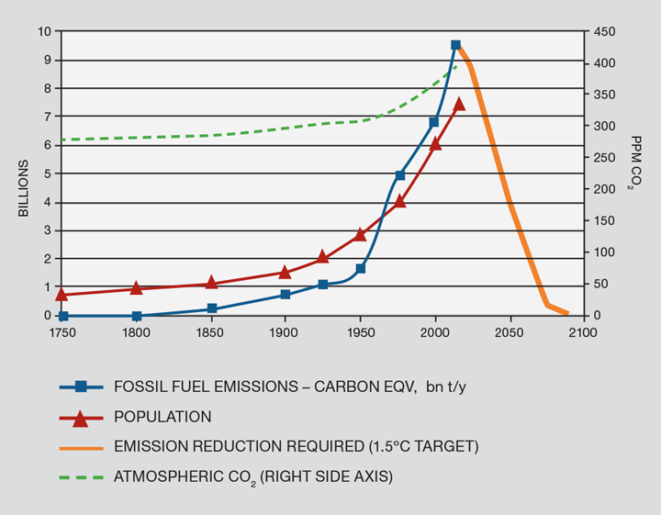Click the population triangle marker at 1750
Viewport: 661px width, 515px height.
point(62,294)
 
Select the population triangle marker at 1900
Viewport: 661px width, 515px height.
point(285,272)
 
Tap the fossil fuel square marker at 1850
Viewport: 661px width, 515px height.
point(212,308)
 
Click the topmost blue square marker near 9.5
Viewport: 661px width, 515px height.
point(455,45)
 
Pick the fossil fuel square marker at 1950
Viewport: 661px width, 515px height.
point(361,268)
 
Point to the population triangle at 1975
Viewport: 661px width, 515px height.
point(399,200)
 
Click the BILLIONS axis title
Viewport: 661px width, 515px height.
point(23,189)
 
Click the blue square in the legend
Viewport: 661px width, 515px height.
point(80,386)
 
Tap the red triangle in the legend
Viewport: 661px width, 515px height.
point(80,417)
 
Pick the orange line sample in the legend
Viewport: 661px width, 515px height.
point(80,447)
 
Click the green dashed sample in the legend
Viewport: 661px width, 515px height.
point(80,476)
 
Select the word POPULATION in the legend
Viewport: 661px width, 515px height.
point(162,417)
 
